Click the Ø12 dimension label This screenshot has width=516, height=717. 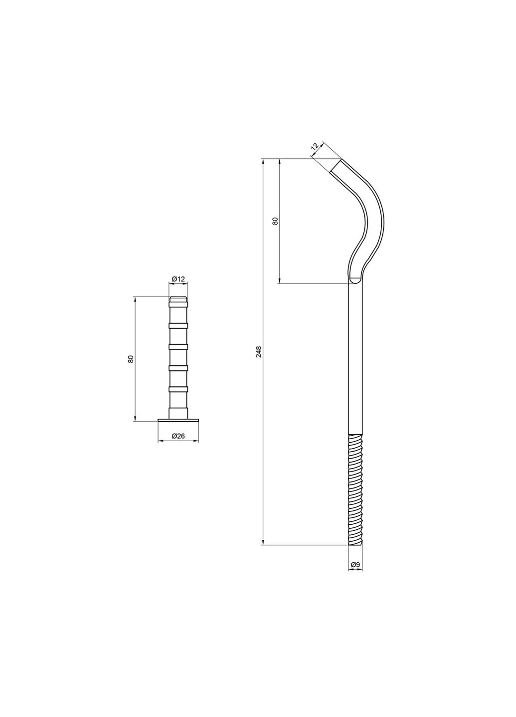pos(178,279)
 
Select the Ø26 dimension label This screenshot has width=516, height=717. pos(178,436)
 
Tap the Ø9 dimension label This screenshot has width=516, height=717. pos(355,564)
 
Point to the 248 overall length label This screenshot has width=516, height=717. pos(258,352)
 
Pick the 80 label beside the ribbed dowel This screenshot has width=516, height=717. pos(131,358)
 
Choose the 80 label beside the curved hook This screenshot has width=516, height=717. pos(274,221)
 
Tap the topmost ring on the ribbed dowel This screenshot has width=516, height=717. pos(178,302)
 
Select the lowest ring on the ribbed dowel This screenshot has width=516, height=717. pos(178,388)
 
